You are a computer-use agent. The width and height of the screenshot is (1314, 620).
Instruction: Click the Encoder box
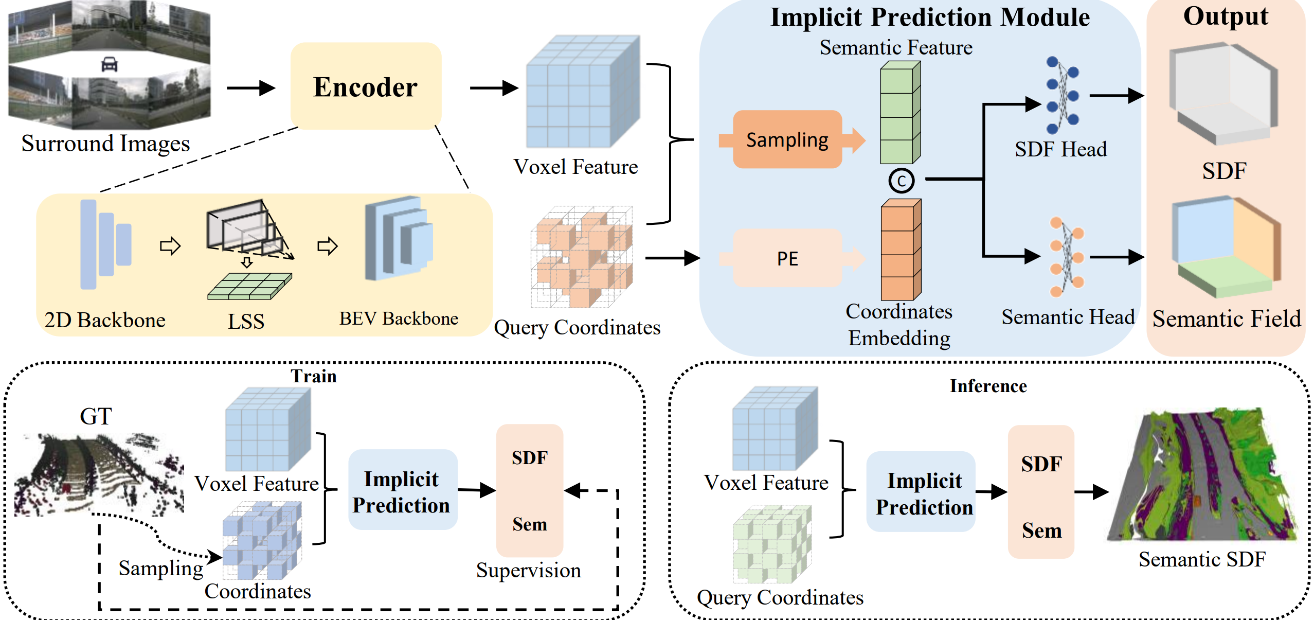coord(366,86)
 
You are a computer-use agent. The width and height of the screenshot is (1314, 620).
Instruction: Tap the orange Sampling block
coord(787,139)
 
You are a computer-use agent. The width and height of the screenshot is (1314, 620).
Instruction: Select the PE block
coord(787,258)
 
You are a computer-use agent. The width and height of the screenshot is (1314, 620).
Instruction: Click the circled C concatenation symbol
coord(901,181)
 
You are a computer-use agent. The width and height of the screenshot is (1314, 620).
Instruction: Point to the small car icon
coord(110,64)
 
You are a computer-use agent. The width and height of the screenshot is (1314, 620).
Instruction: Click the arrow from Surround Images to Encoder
coord(250,88)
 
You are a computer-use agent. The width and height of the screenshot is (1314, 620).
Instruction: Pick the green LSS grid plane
coord(249,286)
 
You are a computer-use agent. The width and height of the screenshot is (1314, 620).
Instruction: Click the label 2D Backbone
coord(105,320)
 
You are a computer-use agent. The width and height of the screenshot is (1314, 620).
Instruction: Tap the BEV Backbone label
coord(399,318)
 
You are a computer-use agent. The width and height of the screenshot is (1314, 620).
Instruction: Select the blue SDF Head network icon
coord(1062,95)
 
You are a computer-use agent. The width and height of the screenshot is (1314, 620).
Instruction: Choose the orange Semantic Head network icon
coord(1066,257)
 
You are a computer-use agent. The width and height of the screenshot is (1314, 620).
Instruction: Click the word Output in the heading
coord(1226,16)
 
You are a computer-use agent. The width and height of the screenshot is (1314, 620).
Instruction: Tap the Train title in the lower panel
coord(314,376)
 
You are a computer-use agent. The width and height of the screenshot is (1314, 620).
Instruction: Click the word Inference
coord(988,386)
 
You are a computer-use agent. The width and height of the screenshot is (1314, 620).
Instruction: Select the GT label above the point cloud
coord(96,416)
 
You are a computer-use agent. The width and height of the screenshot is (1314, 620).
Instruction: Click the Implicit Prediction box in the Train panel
coord(402,491)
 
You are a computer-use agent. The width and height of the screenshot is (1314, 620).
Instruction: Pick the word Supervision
coord(528,570)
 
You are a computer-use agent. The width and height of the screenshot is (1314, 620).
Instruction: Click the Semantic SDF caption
coord(1201,559)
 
